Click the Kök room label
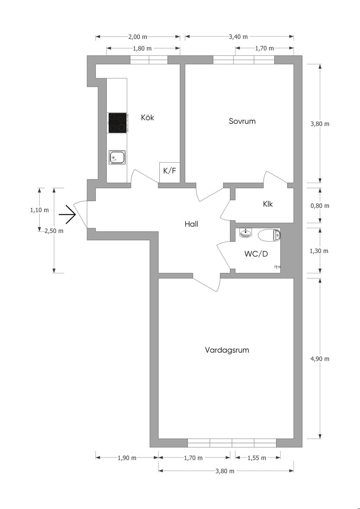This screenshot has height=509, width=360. pos(147,117)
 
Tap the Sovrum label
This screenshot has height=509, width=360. pos(242,121)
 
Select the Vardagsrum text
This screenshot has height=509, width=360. pos(227,350)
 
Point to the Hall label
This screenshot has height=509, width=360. pos(192,224)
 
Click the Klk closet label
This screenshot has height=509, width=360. pos(268,204)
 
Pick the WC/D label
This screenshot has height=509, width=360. pos(256,254)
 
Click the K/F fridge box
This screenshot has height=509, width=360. pos(170,172)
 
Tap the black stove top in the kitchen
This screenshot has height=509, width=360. pos(117,123)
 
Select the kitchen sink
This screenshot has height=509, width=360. pos(117,157)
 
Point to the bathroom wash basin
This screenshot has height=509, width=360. pos(246,233)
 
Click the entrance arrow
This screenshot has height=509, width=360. pos(67,215)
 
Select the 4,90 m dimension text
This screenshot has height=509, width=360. pos(320,359)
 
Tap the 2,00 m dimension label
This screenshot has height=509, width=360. pos(137,37)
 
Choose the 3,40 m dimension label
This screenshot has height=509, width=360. pos(238,37)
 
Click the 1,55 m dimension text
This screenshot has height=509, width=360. pos(257,458)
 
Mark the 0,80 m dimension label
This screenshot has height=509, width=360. pos(320,206)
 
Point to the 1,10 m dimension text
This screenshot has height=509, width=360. pos(39,210)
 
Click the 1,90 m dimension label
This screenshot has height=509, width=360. pos(127,458)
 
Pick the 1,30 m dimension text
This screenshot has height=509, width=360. pos(319,251)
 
